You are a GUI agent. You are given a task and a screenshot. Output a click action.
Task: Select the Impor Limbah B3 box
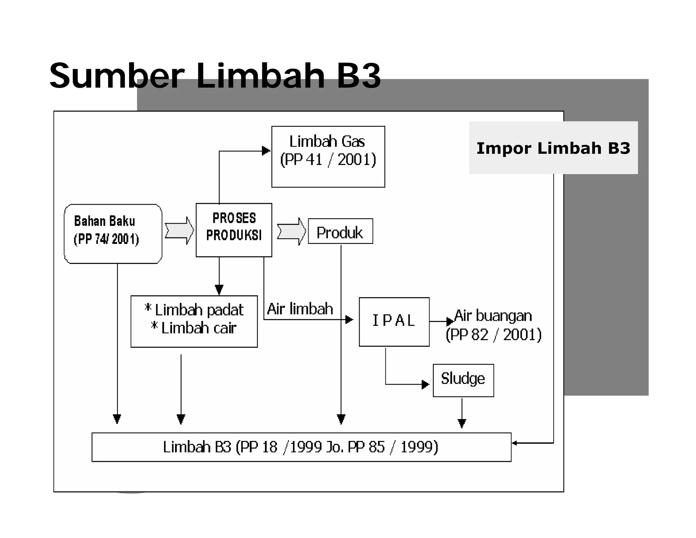[x=553, y=148]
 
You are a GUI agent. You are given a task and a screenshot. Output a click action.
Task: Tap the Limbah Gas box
[x=328, y=156]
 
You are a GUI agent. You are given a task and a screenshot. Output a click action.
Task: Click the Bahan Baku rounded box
[x=113, y=234]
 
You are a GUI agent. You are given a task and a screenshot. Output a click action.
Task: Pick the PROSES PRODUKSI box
[x=234, y=230]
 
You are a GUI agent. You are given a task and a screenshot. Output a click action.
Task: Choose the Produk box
[x=340, y=231]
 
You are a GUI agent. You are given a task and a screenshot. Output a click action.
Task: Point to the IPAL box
[x=394, y=322]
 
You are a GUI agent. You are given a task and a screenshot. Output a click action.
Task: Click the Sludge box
[x=463, y=380]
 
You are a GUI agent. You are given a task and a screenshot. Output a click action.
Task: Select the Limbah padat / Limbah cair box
[x=194, y=321]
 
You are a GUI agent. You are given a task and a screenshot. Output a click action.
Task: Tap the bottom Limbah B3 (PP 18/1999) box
[x=301, y=447]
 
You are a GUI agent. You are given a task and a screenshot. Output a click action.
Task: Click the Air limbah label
[x=300, y=309]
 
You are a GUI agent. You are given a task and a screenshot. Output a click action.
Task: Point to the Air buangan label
[x=493, y=316]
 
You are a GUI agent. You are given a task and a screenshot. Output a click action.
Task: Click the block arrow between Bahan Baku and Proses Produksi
[x=179, y=231]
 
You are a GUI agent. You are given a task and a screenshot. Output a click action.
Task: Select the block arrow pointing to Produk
[x=291, y=231]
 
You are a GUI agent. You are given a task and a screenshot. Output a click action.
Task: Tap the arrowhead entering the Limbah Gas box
[x=266, y=151]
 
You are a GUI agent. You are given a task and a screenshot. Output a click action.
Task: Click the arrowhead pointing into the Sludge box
[x=425, y=385]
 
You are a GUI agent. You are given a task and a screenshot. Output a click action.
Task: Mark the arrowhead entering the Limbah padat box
[x=219, y=290]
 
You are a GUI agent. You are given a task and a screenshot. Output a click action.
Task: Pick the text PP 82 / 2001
[x=493, y=335]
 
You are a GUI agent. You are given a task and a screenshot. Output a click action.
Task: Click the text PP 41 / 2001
[x=328, y=160]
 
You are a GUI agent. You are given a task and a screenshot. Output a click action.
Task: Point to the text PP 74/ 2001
[x=106, y=239]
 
